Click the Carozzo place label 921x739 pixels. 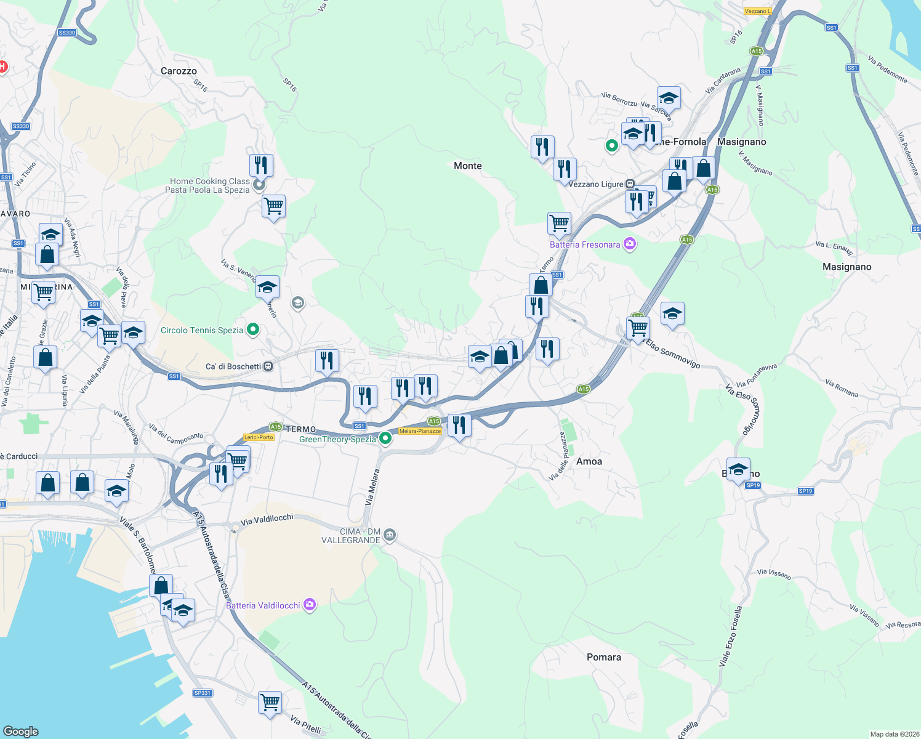pos(179,71)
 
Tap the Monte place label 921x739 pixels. pos(467,166)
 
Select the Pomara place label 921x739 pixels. pos(603,657)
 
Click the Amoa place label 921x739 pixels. pos(589,461)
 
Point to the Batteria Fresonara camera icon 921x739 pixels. pos(629,244)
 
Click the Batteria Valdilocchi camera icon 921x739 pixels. pos(310,605)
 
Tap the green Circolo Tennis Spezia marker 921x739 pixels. pos(252,330)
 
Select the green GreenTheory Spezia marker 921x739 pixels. pos(385,438)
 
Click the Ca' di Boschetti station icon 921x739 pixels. pos(268,366)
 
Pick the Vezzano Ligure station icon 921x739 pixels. pos(630,184)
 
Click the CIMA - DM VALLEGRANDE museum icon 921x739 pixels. pos(389,535)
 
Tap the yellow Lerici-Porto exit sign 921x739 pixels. pos(259,437)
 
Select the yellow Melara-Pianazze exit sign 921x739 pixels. pos(420,431)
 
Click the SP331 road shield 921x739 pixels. pos(202,693)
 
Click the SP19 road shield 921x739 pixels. pos(805,491)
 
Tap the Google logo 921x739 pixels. pos(20,732)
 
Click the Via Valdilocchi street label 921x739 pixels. pos(267,520)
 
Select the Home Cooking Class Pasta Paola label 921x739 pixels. pos(209,185)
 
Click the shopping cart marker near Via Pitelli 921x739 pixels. pos(270,701)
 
